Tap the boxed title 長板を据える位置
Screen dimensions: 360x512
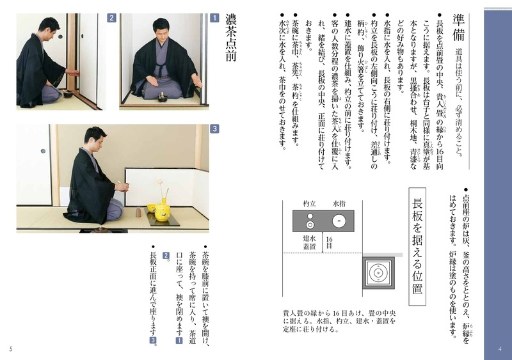417,246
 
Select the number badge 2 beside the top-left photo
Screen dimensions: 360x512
111,19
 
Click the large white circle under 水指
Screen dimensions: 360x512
337,221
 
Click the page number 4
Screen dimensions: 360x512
499,348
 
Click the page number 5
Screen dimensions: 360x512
11,348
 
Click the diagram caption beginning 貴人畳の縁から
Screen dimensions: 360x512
339,322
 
